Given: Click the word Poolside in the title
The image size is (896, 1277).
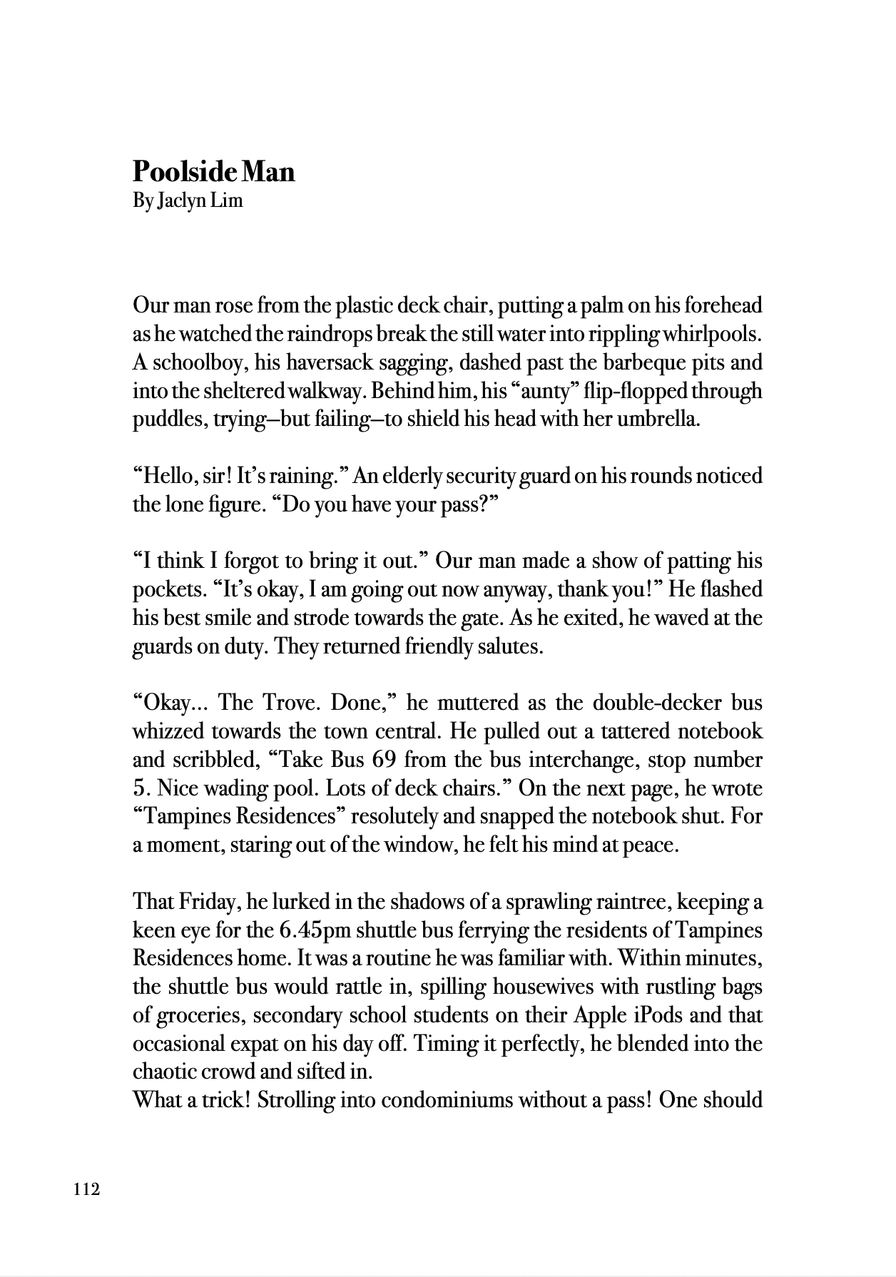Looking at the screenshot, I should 185,172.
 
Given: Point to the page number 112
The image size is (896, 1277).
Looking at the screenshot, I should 86,1189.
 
